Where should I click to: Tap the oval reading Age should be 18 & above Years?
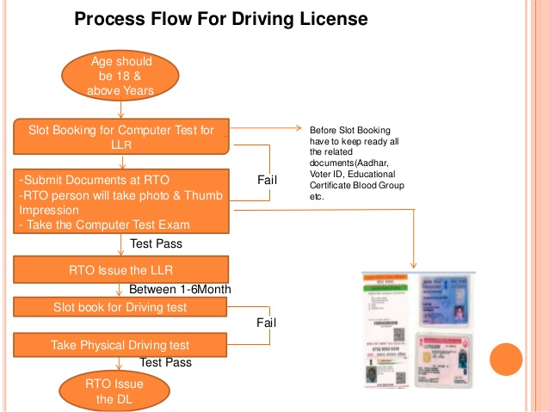(x=120, y=76)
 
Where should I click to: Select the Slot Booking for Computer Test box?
(x=121, y=138)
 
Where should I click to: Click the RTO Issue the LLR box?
(x=121, y=270)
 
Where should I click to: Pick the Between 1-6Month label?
(x=179, y=289)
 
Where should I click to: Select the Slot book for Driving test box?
(x=121, y=307)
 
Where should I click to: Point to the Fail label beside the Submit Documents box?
(x=268, y=180)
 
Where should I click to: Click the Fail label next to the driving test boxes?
(x=266, y=323)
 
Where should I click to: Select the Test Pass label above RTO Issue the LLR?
(x=157, y=243)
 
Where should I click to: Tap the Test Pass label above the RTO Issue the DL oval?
(x=165, y=363)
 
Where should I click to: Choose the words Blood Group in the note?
(x=379, y=185)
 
